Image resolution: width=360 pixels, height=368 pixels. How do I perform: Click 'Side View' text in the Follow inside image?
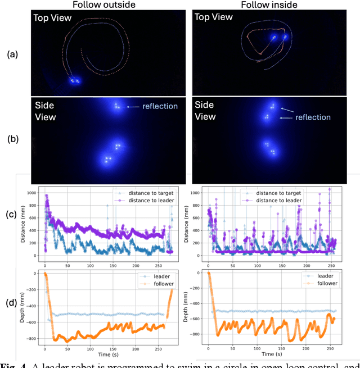(x=205, y=111)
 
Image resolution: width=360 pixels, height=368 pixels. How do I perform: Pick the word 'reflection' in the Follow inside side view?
(x=314, y=117)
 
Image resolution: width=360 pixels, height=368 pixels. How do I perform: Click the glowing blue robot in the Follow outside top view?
(x=75, y=81)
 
